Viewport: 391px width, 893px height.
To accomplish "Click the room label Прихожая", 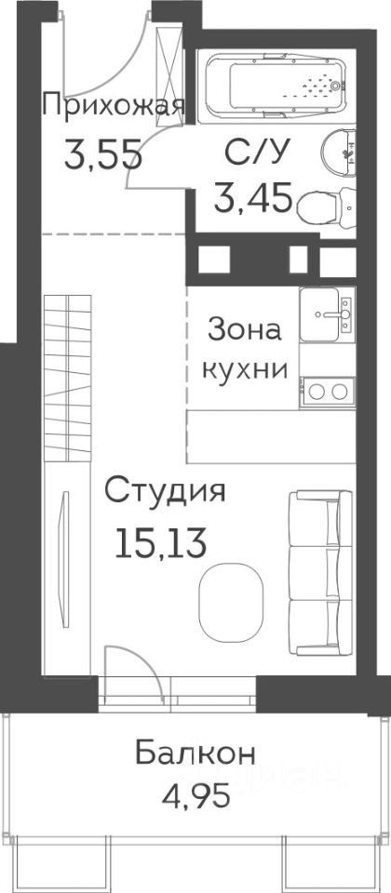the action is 114,106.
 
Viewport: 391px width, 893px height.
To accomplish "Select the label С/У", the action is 253,153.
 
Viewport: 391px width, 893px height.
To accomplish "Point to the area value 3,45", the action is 253,196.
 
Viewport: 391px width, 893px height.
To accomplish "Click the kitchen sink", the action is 327,314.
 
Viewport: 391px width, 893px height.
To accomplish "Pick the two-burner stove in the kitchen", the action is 327,393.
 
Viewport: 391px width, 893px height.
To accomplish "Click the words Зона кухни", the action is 245,350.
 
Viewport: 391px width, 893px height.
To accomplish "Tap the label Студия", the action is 164,492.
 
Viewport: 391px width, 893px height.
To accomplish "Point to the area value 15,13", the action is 160,541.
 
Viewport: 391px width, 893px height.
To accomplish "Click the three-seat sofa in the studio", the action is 321,572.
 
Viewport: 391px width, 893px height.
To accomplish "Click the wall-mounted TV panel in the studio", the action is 65,559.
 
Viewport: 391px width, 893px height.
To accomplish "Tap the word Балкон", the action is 195,755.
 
